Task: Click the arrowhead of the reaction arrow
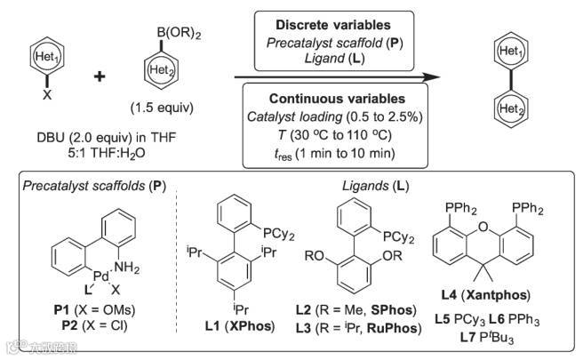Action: click(x=436, y=77)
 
